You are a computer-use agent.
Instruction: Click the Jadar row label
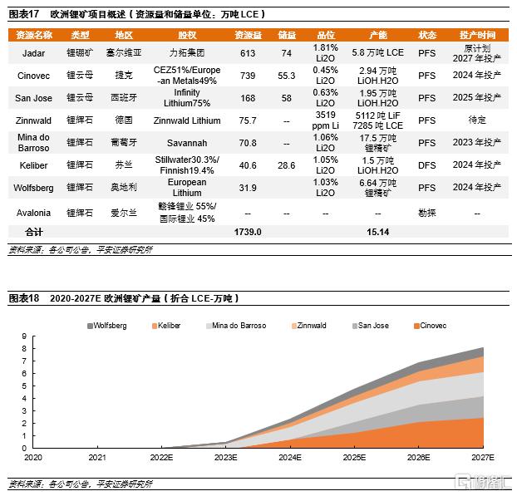pos(34,52)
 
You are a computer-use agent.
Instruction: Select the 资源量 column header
pos(247,35)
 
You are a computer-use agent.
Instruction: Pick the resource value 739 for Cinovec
pos(247,75)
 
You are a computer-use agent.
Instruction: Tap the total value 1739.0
pos(247,232)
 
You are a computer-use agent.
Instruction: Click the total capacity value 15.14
pos(378,232)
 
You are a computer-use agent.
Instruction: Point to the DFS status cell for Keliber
pos(426,165)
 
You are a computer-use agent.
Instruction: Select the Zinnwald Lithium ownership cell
pos(187,120)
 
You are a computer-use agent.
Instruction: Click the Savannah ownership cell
pos(187,143)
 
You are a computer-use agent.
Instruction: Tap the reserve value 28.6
pos(287,165)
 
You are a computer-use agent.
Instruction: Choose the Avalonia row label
pos(34,213)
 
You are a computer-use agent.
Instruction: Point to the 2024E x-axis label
pos(290,457)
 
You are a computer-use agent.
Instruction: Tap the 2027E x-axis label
pos(482,457)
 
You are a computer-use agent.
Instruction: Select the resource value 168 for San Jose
pos(247,97)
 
